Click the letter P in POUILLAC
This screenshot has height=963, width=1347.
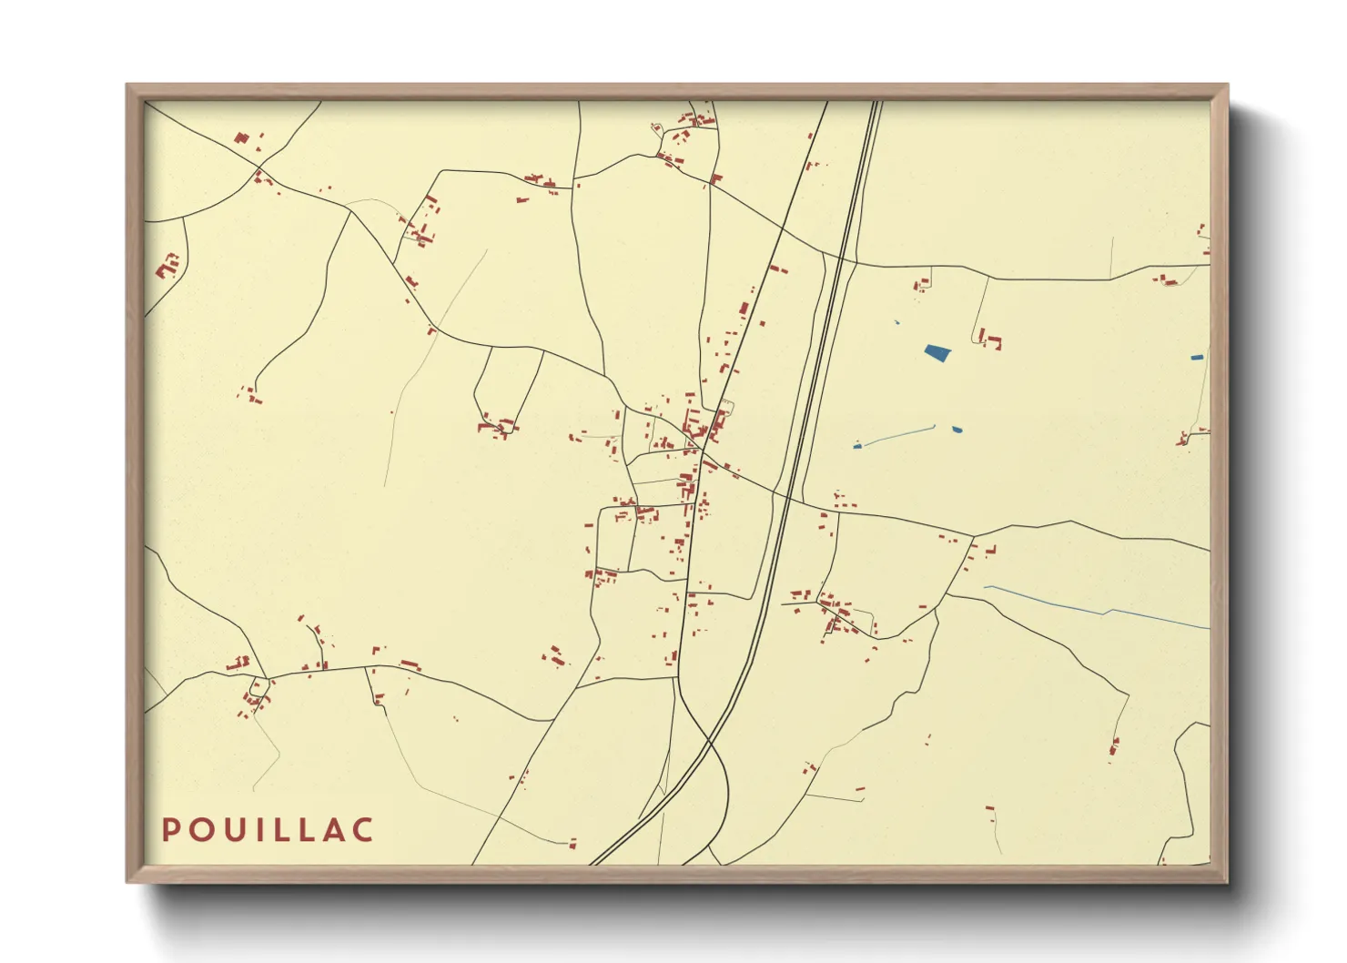click(170, 830)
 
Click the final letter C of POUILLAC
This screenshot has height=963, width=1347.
click(364, 830)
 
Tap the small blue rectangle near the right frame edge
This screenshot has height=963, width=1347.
click(1197, 358)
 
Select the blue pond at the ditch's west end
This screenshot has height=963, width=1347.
click(856, 446)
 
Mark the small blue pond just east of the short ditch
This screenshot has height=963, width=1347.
click(957, 430)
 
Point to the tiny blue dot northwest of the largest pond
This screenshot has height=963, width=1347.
click(896, 322)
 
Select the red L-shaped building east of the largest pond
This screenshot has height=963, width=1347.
click(991, 341)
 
